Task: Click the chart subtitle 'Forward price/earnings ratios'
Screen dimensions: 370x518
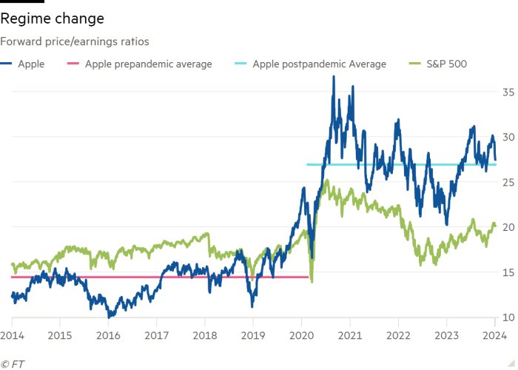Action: [75, 43]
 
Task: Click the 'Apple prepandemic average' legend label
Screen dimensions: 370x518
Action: [148, 64]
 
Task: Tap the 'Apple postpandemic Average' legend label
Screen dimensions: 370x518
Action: [319, 64]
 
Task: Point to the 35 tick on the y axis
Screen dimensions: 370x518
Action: [508, 92]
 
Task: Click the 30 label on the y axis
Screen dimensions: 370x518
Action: [508, 137]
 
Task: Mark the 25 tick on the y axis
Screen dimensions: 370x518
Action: [508, 182]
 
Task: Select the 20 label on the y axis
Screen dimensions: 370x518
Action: [508, 227]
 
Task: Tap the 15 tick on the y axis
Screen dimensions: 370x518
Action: [508, 272]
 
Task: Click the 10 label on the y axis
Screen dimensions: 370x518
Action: [508, 317]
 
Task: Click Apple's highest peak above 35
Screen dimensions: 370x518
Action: [334, 76]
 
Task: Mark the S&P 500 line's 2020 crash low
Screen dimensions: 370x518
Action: [312, 282]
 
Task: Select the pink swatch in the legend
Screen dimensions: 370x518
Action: [74, 64]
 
